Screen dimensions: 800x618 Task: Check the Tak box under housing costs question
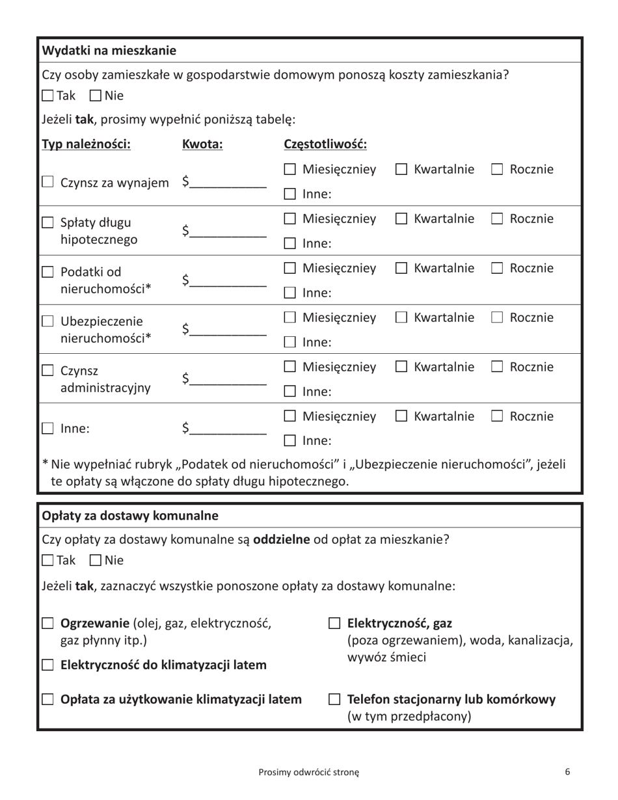pyautogui.click(x=47, y=96)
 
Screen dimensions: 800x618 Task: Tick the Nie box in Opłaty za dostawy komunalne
pyautogui.click(x=95, y=560)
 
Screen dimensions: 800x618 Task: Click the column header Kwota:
pyautogui.click(x=202, y=144)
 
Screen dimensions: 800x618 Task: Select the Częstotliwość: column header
pyautogui.click(x=325, y=144)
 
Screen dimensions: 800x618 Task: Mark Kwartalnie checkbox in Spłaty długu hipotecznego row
pyautogui.click(x=401, y=219)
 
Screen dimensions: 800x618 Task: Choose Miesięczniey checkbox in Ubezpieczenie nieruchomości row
pyautogui.click(x=291, y=318)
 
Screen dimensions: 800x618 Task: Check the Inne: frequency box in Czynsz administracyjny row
pyautogui.click(x=291, y=392)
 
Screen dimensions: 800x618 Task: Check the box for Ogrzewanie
pyautogui.click(x=47, y=624)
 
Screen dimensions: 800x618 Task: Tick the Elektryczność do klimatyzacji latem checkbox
pyautogui.click(x=47, y=665)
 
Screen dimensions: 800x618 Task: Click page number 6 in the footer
pyautogui.click(x=567, y=772)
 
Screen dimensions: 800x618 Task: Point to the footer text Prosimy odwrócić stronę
pyautogui.click(x=308, y=773)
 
